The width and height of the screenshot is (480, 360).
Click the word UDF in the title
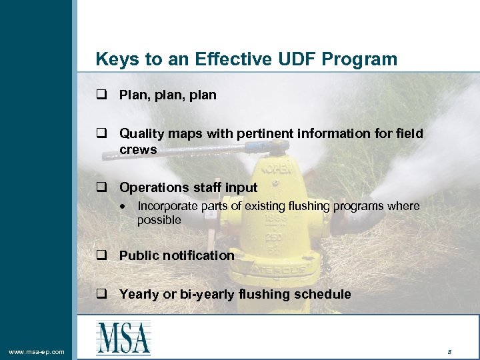pos(295,59)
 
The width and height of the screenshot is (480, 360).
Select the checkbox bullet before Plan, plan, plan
pos(101,95)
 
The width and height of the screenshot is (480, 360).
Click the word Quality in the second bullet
pos(141,134)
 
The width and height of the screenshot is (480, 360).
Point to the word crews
pos(138,149)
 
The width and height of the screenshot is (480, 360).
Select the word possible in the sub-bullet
pos(159,220)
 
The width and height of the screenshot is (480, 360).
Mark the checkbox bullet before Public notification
pos(101,256)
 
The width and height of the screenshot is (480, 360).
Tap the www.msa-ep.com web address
pos(37,351)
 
